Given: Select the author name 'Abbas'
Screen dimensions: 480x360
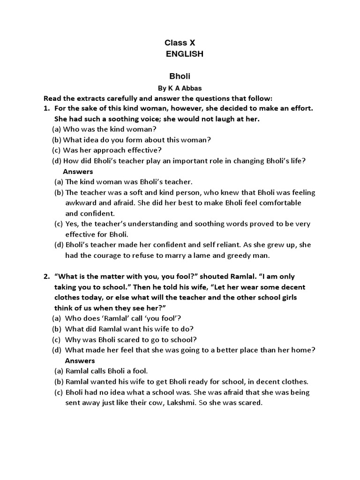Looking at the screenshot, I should coord(191,88).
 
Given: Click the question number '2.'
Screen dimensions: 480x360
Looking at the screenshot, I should coord(46,277).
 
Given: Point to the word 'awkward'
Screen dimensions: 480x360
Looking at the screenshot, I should coord(80,202).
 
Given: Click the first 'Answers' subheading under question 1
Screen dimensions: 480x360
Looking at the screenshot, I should coord(78,171).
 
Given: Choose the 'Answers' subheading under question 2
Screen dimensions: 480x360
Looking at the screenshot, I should coord(80,360).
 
